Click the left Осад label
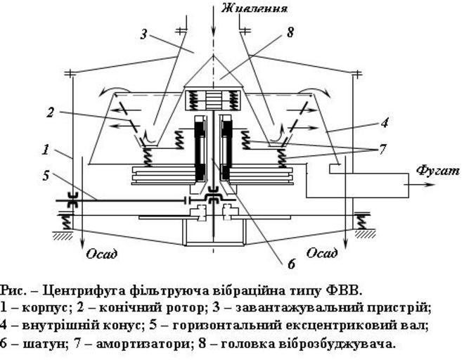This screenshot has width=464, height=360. click(101, 254)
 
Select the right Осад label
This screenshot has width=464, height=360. click(326, 254)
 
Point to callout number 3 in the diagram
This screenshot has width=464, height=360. click(144, 33)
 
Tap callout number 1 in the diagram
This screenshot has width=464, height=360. click(46, 149)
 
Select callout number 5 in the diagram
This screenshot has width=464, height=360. click(46, 174)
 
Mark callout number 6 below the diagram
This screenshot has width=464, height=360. click(290, 265)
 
